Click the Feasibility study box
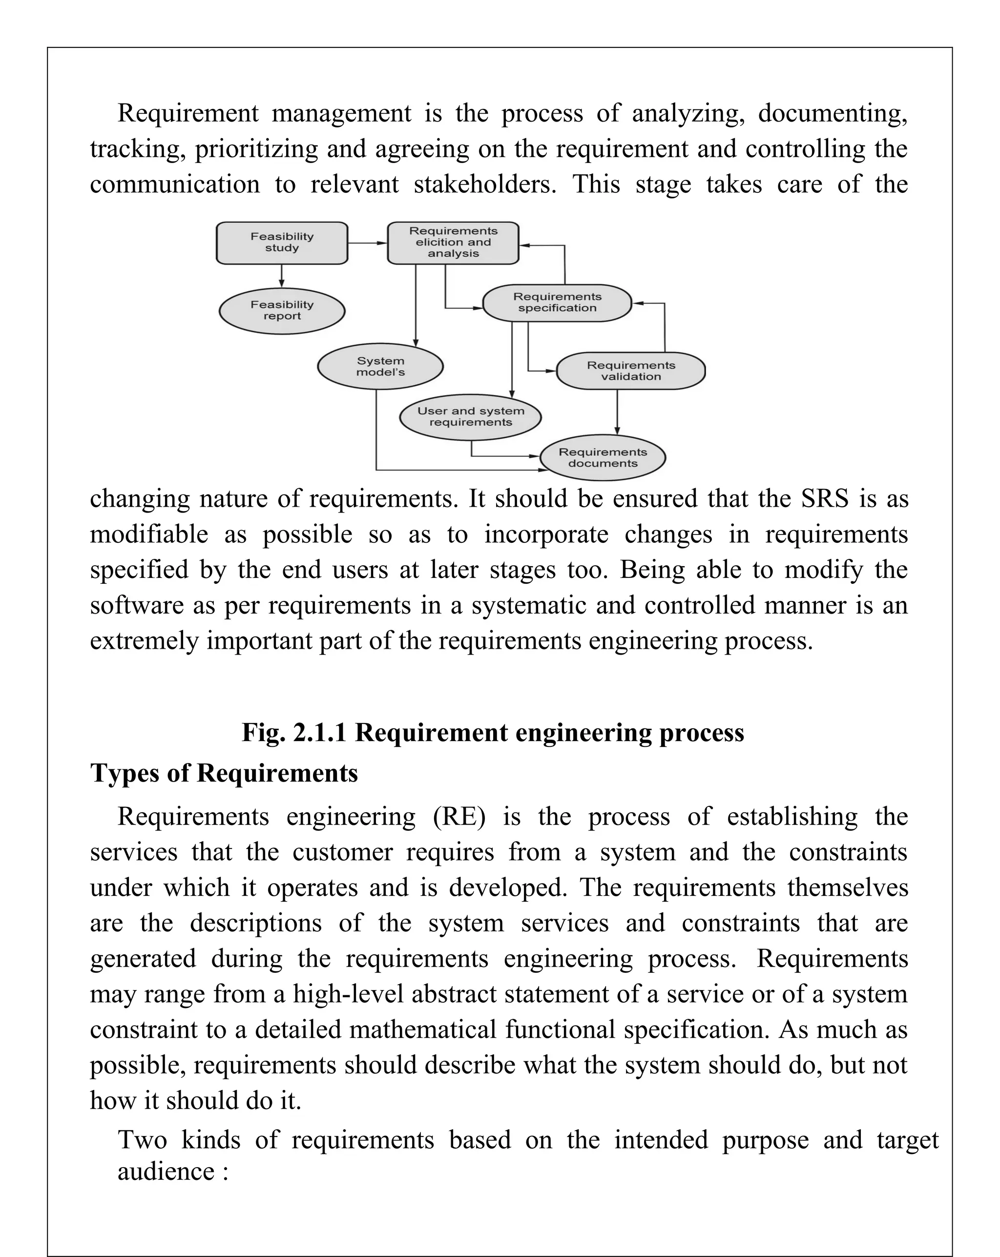(282, 243)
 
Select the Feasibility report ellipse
(282, 311)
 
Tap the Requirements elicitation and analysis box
(453, 243)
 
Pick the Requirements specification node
(557, 303)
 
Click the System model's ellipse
(380, 367)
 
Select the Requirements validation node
(630, 371)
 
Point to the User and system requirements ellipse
(471, 417)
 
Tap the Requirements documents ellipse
(603, 458)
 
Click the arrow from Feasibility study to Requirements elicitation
(367, 243)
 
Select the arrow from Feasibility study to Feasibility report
(282, 276)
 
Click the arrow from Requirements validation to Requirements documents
(617, 412)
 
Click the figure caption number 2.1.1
(319, 732)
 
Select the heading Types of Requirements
(224, 773)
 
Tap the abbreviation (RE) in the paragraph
(459, 816)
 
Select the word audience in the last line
(166, 1171)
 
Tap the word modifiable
(149, 534)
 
